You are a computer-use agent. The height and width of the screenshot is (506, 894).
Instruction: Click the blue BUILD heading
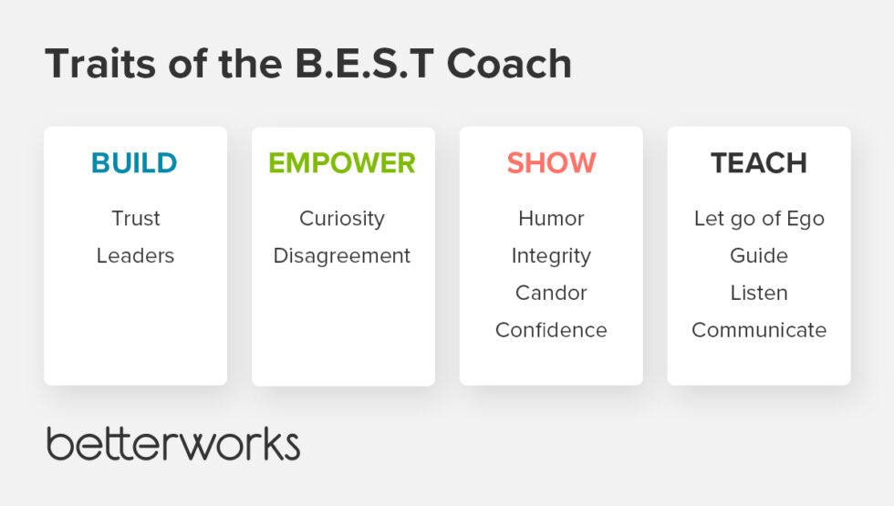point(134,163)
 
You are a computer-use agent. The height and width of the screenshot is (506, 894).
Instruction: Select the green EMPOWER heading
point(342,163)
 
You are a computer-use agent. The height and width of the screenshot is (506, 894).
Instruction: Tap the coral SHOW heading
point(551,163)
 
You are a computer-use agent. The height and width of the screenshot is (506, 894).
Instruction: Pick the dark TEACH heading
point(759,163)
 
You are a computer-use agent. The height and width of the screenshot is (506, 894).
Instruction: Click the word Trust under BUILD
point(135,219)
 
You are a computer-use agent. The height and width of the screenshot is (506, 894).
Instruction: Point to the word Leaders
point(135,256)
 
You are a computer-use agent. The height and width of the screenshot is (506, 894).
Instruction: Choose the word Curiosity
point(342,219)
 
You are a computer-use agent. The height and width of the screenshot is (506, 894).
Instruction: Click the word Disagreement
point(342,256)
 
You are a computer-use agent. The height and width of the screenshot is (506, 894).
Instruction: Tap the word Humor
point(551,219)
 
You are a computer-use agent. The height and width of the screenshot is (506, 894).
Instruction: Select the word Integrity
point(551,256)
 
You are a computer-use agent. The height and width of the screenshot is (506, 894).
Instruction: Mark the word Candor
point(551,294)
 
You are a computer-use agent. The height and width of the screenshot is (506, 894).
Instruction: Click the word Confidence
point(551,330)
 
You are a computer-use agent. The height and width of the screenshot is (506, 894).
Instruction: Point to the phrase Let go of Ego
point(759,219)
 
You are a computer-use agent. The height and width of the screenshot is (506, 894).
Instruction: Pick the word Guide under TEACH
point(759,256)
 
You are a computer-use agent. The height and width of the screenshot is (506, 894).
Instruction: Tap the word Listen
point(759,294)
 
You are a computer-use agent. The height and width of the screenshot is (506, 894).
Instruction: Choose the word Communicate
point(759,330)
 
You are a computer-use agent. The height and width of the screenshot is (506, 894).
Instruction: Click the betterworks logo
point(173,443)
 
